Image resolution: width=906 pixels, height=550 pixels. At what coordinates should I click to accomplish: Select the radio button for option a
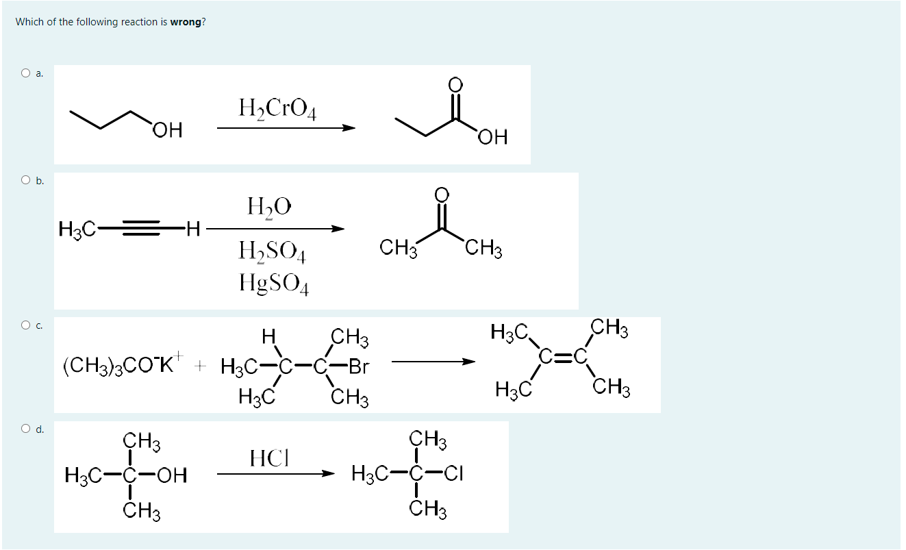coord(26,73)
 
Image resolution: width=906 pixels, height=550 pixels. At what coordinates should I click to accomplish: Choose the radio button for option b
coord(26,180)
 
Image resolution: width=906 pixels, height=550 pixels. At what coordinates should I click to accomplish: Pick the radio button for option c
coord(26,325)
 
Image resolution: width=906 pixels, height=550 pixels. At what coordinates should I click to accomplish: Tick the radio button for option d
coord(26,429)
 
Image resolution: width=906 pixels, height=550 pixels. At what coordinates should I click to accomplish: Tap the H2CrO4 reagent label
coord(277,109)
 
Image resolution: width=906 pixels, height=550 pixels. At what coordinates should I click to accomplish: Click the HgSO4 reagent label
coord(273,282)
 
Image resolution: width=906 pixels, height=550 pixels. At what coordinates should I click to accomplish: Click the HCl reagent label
coord(268,457)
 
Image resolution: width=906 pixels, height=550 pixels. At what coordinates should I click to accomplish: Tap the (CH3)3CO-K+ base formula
coord(124,366)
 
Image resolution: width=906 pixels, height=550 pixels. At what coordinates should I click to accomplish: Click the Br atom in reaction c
coord(358,366)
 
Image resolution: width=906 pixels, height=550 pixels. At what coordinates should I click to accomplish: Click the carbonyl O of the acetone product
coord(442,194)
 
